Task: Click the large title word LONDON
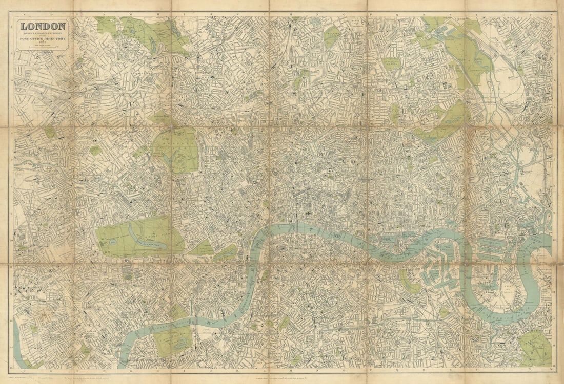pos(43,26)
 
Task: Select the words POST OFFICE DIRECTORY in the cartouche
pos(43,37)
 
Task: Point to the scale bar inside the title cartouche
pos(43,47)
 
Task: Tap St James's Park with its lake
pos(226,252)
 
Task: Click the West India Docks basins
pos(495,246)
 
